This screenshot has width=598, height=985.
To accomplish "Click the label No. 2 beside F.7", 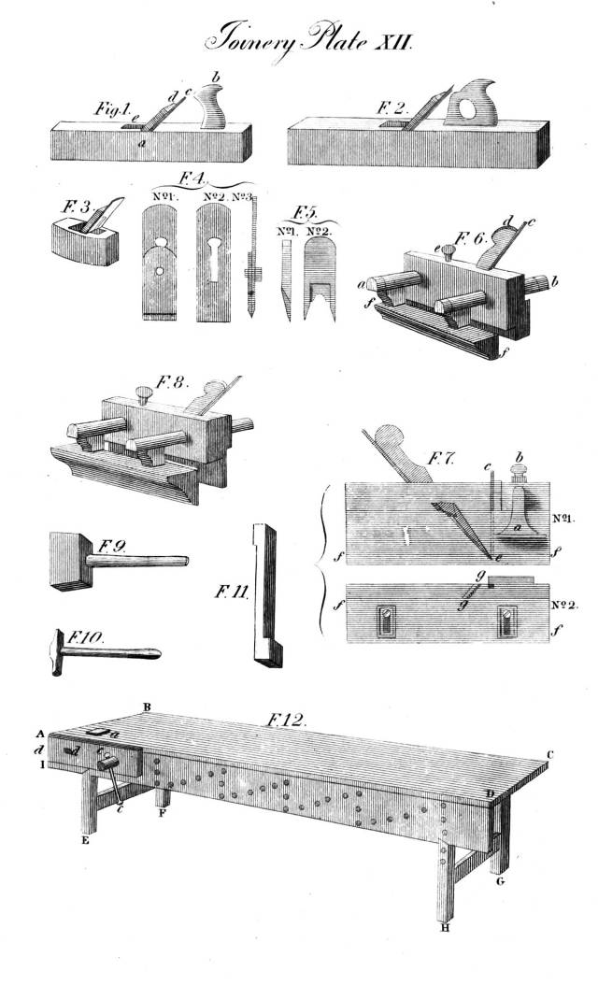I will coord(563,605).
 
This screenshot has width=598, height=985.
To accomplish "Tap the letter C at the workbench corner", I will coord(551,754).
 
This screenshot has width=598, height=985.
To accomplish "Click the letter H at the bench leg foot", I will coord(446,928).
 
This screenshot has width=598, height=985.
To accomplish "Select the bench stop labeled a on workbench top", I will coord(97,733).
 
